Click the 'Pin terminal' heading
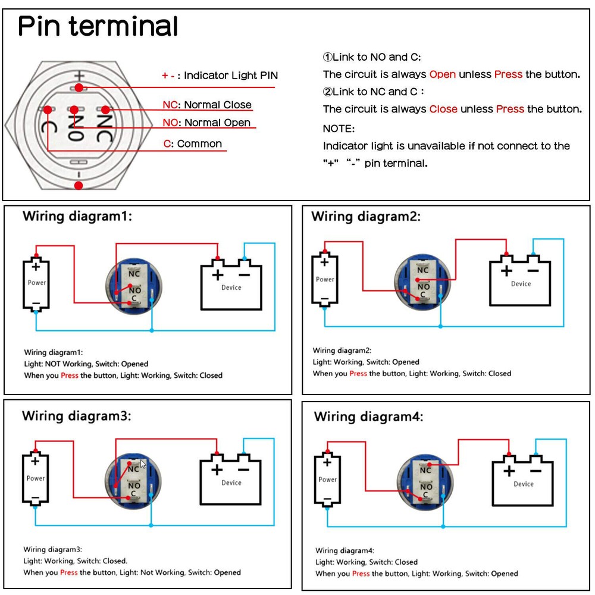click(x=98, y=27)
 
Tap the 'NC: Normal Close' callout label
click(x=207, y=105)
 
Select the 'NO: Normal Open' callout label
click(x=207, y=123)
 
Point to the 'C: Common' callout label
click(x=193, y=143)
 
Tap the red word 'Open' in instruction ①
click(x=442, y=74)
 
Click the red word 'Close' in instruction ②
click(x=443, y=109)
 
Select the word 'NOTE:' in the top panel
click(x=339, y=128)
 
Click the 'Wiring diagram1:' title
click(x=77, y=216)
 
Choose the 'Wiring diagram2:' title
click(x=365, y=217)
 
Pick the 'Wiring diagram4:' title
click(x=368, y=416)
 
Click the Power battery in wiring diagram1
click(x=36, y=284)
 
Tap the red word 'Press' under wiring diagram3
click(x=69, y=572)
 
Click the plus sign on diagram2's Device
click(x=505, y=271)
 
